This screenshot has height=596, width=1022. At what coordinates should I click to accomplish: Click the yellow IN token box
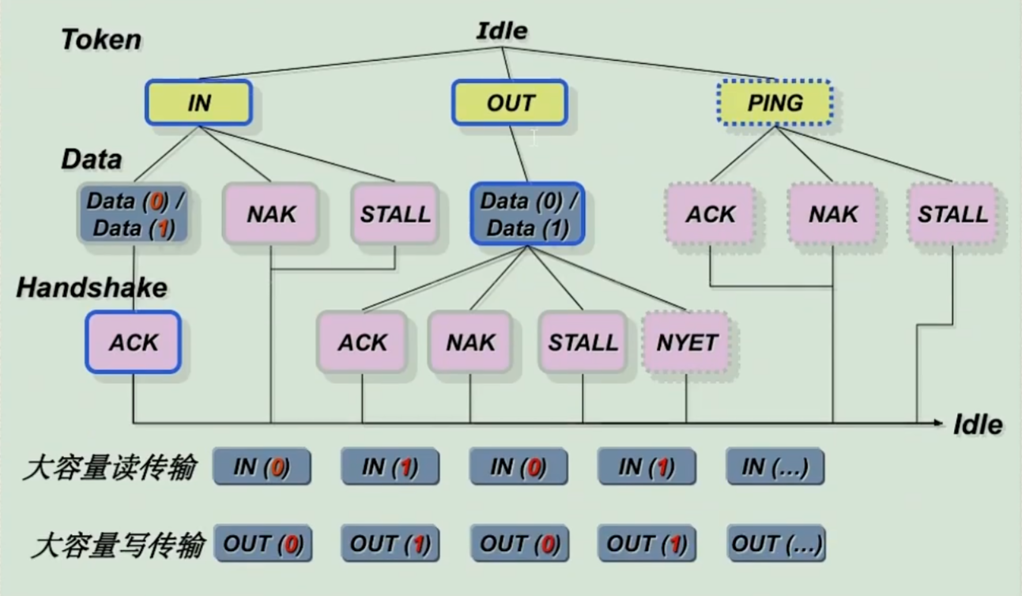tap(198, 102)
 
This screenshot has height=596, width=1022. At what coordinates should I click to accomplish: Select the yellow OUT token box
tap(510, 102)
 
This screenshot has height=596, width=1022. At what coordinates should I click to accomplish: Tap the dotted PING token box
tap(775, 102)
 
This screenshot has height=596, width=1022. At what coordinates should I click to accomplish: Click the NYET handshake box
tap(686, 342)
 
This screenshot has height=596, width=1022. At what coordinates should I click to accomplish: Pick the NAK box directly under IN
tap(271, 213)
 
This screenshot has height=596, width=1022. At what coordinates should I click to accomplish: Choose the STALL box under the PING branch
tap(952, 213)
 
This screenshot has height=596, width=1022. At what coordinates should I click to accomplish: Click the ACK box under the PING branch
tap(710, 213)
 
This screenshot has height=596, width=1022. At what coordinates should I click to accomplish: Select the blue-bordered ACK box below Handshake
tap(134, 342)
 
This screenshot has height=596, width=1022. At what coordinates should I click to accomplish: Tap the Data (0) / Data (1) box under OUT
tap(528, 214)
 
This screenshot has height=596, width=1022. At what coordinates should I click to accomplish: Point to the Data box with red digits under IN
tap(134, 214)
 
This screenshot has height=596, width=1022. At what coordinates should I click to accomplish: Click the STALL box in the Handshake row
tap(583, 342)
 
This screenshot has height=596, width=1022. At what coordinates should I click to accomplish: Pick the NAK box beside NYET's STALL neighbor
tap(470, 342)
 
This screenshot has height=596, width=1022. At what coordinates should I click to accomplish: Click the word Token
tap(101, 40)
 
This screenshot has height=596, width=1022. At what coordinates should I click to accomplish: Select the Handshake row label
tap(92, 288)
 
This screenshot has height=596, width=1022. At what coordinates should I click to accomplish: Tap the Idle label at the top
tap(501, 31)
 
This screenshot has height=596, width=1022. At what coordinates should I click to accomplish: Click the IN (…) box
tap(775, 467)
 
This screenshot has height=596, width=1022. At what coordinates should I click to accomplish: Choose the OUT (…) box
tap(776, 544)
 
